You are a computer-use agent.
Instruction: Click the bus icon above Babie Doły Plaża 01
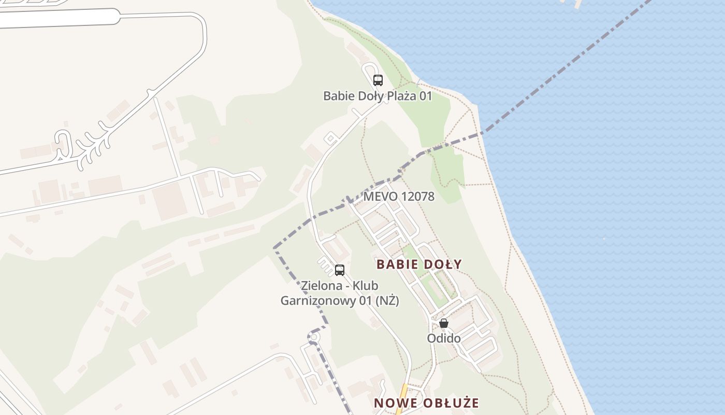coord(378,80)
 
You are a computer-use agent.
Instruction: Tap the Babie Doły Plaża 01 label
coord(377,96)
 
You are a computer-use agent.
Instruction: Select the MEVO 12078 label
coord(399,197)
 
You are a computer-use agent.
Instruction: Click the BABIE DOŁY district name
coord(419,264)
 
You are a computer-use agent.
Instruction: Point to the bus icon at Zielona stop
coord(340,270)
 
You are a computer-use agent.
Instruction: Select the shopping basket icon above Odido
coord(444,323)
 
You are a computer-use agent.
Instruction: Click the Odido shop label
coord(444,338)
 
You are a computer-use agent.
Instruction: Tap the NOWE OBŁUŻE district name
coord(426,403)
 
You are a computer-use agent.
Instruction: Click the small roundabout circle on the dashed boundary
coord(313,337)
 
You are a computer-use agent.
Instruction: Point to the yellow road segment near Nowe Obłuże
coord(402,399)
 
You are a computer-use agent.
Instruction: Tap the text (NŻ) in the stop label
coord(387,301)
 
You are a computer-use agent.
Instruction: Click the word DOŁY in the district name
coord(442,264)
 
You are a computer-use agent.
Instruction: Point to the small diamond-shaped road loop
coord(331,139)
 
